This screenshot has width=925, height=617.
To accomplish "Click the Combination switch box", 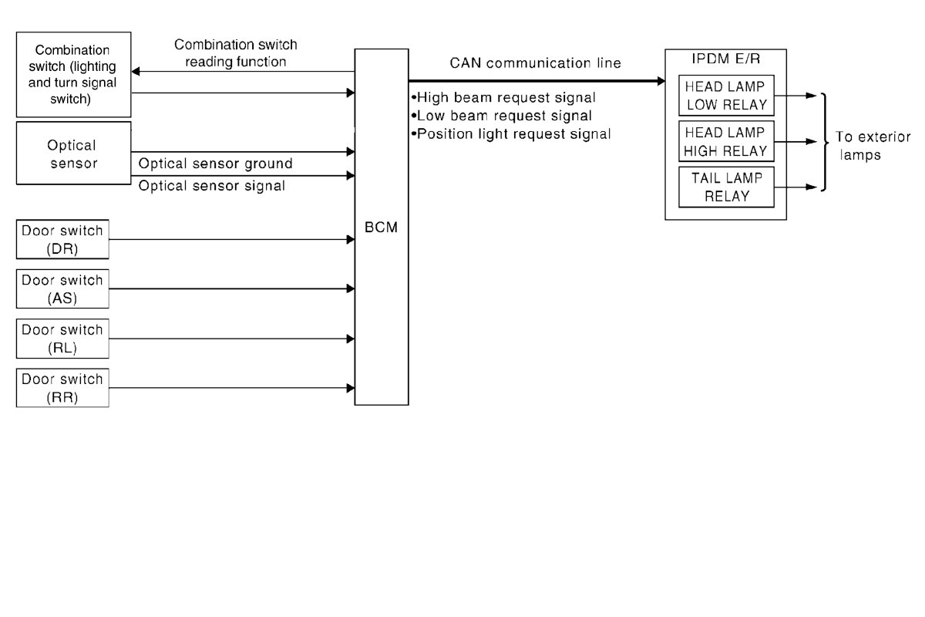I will coord(74,73).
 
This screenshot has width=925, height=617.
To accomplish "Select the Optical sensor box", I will coord(74,153).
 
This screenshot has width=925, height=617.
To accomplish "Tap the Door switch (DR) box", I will coord(62,239).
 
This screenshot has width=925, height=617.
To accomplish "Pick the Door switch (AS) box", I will coord(62,288).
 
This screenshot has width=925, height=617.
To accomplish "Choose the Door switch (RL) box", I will coord(62,338).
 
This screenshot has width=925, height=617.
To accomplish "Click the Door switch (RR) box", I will coord(62,387).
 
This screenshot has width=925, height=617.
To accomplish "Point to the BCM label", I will coord(382,229).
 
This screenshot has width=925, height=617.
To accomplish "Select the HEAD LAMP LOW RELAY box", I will coord(725,96).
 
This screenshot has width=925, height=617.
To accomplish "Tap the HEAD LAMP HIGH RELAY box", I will coord(725,141).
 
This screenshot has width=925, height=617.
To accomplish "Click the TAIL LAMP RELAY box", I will coord(725,187).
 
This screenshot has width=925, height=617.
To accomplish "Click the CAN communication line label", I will coord(535,63).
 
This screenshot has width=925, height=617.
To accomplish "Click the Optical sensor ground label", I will coord(215,164).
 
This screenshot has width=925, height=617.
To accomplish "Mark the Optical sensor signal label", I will coord(211,186).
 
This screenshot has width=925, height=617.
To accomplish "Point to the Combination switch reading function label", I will coord(236,52).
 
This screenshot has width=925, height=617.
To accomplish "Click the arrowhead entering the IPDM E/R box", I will coord(660,80).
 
